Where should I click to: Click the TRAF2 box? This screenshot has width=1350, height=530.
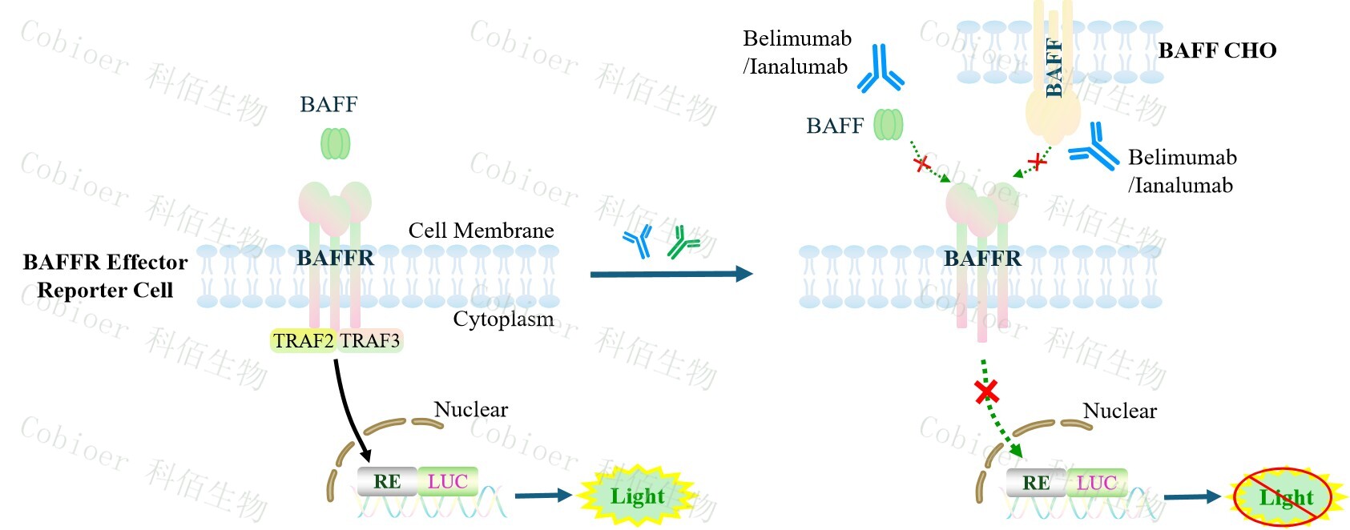pos(303,341)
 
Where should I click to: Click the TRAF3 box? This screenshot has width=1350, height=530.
pos(369,341)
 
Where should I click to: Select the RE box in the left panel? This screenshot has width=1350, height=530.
pos(387,481)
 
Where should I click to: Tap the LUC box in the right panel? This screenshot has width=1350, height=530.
pos(1096,483)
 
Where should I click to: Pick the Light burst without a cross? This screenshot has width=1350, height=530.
pos(637,496)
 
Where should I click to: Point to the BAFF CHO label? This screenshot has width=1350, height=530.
pos(1216,50)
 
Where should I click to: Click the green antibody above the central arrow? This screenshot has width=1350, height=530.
pos(683,243)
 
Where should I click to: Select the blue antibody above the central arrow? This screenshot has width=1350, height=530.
pos(639,241)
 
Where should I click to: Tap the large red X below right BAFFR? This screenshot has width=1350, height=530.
pos(986,391)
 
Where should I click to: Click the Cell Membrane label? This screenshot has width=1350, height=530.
pos(481,231)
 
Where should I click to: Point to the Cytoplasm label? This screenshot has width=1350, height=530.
pos(503,319)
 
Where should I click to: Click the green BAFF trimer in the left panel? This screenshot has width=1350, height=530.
pos(335,143)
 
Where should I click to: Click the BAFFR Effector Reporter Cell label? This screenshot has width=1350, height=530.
pos(105,275)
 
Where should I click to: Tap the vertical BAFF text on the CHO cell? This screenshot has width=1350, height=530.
pos(1054,68)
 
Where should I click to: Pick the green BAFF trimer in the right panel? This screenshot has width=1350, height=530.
pos(888,125)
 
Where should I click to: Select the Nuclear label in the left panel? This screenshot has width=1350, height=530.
pos(470,409)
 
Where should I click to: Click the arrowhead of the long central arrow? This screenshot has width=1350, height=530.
pos(744,274)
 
